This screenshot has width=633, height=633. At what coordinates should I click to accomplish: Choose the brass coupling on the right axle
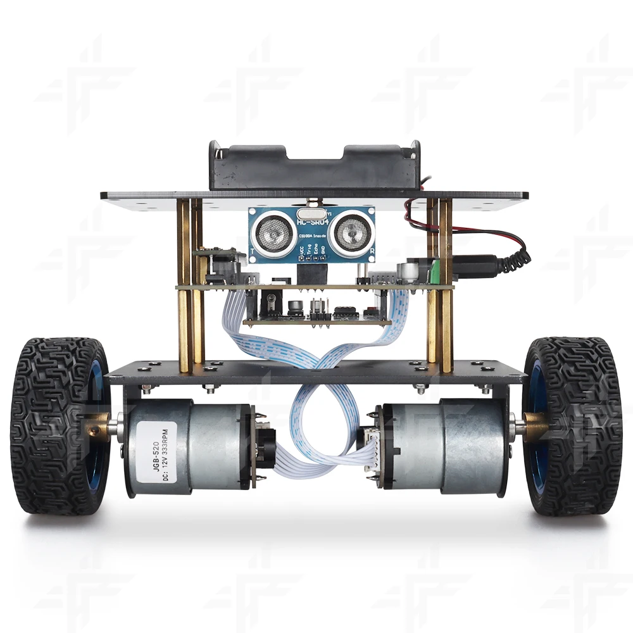coord(533,425)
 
